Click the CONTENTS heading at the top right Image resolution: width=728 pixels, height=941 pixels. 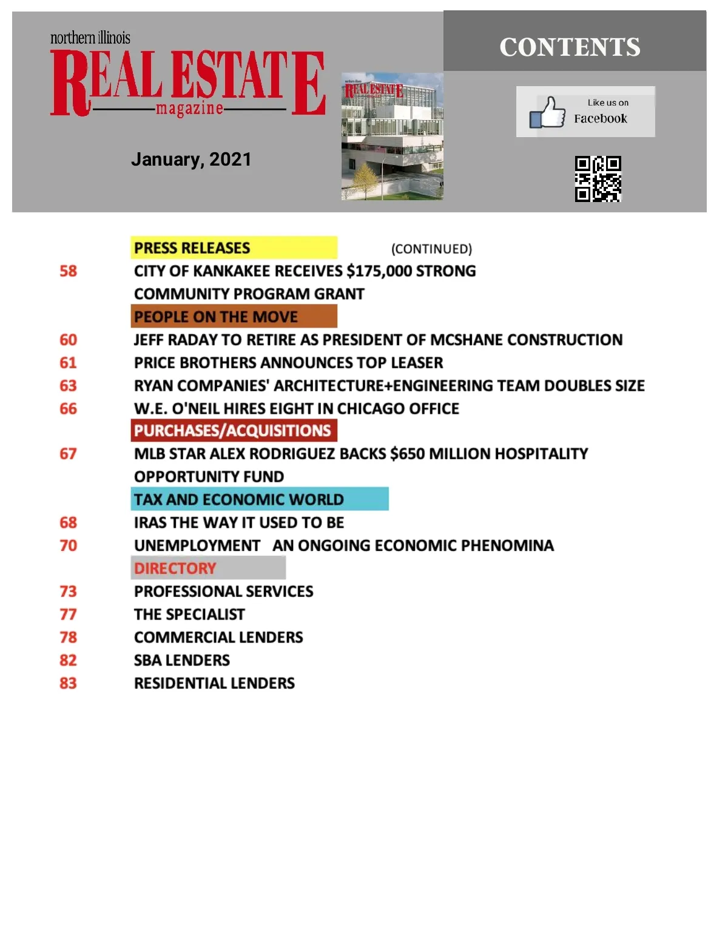click(570, 47)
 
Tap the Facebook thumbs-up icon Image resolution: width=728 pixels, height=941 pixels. click(547, 112)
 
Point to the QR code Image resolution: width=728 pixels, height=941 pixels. click(598, 178)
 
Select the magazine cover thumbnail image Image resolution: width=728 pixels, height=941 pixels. click(392, 137)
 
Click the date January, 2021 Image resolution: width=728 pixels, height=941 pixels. click(191, 160)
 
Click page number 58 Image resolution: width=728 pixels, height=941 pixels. click(69, 271)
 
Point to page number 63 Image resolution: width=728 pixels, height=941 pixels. click(69, 386)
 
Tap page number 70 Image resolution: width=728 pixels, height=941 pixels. click(69, 545)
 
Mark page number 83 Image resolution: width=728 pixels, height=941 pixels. click(69, 683)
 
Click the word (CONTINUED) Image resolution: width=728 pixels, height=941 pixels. click(431, 249)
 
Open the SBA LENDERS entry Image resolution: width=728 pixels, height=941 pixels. click(182, 660)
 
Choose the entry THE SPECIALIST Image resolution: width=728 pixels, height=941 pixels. click(189, 615)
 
